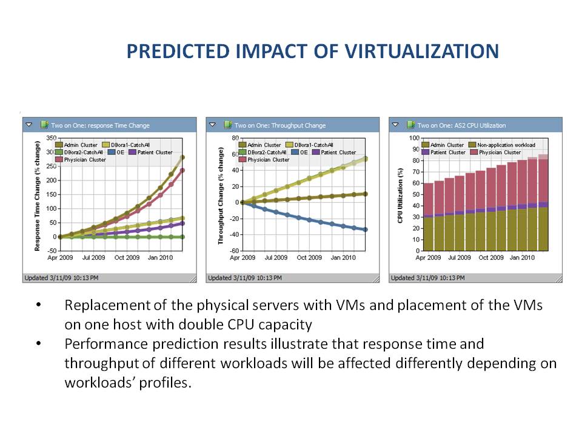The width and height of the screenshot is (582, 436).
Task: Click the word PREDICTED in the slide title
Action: [178, 51]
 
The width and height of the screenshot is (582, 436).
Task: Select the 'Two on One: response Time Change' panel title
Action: [100, 125]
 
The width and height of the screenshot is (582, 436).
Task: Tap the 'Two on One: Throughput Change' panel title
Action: [280, 125]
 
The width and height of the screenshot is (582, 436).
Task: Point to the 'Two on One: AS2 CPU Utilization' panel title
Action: [461, 125]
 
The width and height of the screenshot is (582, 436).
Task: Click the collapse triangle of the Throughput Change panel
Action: [212, 125]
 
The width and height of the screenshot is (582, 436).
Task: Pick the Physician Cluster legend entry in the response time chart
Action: [81, 160]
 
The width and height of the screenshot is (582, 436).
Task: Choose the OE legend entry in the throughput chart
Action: [300, 153]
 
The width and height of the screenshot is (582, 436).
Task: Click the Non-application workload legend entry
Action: [502, 145]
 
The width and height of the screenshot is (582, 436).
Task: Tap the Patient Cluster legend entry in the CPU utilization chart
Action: [444, 153]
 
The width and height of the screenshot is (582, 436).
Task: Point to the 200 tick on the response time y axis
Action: [52, 180]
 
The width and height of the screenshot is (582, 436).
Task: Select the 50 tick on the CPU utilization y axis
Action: [416, 194]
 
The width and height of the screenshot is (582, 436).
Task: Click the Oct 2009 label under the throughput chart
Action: [309, 257]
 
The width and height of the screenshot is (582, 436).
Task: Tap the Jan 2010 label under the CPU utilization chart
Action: [522, 257]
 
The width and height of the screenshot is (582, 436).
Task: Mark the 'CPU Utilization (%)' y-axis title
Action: [400, 196]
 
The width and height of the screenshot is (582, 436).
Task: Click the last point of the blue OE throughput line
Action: [365, 230]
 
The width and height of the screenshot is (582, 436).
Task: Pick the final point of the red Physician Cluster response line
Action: [182, 171]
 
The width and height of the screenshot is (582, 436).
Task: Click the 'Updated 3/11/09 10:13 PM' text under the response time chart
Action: [61, 278]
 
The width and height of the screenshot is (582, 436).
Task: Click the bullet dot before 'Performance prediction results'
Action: [39, 343]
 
